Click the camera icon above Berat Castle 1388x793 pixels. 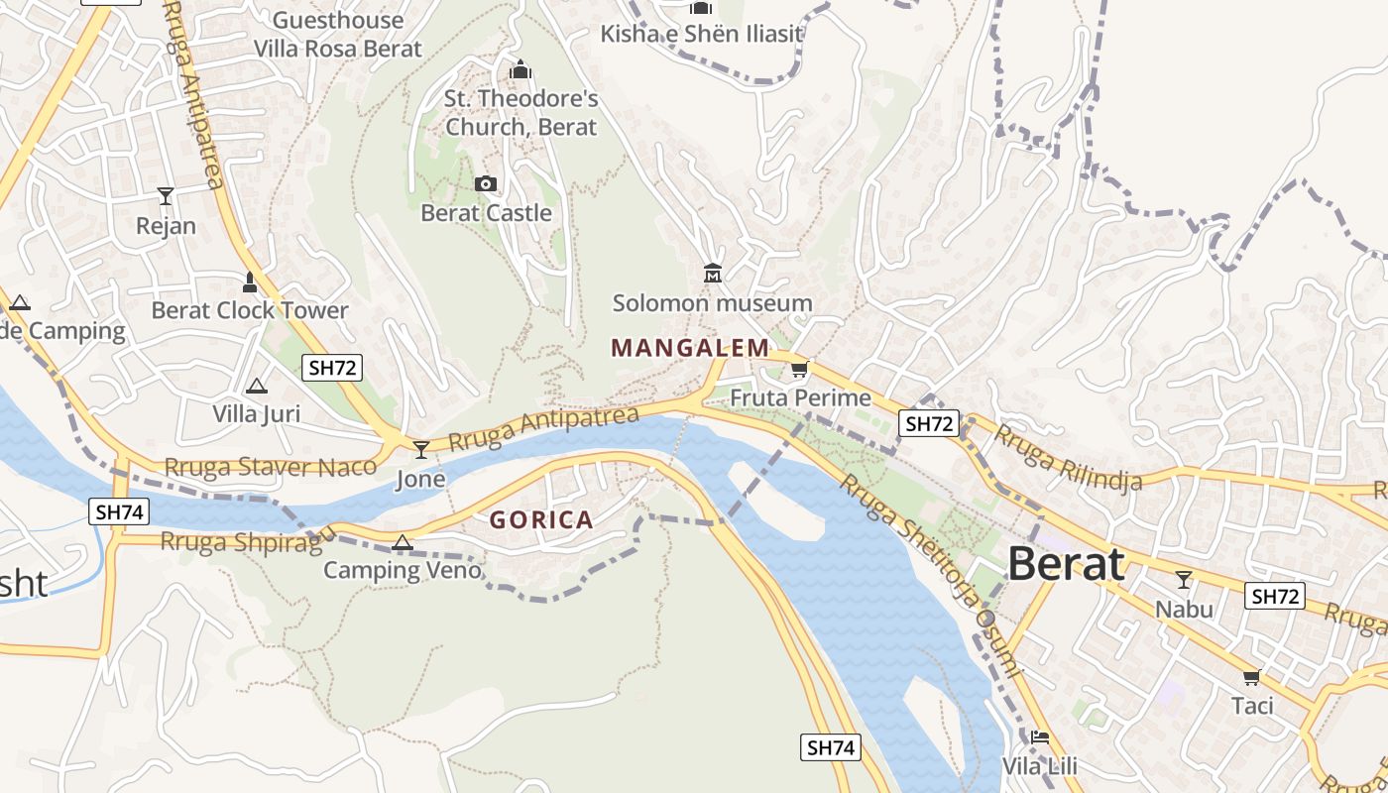[486, 183]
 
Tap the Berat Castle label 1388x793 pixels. [486, 213]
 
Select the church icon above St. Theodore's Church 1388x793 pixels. [520, 70]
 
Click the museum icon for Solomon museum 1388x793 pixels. [712, 273]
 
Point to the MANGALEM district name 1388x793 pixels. [690, 348]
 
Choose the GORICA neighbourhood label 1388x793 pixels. [541, 519]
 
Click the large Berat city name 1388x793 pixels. [1066, 564]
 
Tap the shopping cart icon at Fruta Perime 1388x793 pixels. [799, 370]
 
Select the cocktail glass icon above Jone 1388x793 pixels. [421, 450]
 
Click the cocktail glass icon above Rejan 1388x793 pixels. [166, 196]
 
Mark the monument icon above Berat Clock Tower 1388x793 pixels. [250, 283]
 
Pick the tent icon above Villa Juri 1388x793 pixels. [256, 386]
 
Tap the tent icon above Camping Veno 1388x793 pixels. [402, 542]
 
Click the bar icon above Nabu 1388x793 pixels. [1183, 579]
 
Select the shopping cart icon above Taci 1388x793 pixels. [1251, 677]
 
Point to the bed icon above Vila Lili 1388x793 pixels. [1039, 736]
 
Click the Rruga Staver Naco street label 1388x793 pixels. [270, 467]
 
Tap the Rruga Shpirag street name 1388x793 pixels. [241, 542]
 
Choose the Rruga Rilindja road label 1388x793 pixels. [1068, 457]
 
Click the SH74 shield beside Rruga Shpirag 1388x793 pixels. [119, 511]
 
